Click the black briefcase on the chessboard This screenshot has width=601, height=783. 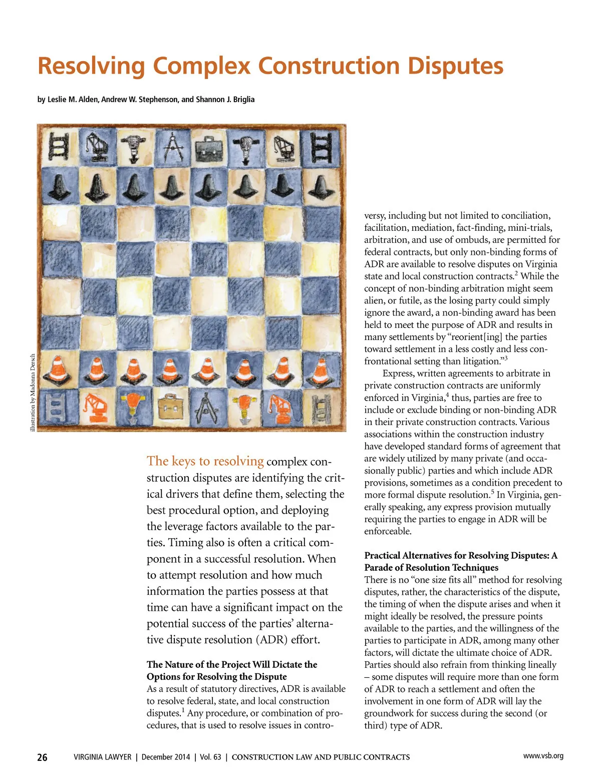click(208, 148)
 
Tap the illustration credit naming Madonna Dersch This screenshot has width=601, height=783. click(33, 393)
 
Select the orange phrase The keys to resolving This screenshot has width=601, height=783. click(205, 461)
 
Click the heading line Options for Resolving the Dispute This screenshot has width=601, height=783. click(216, 677)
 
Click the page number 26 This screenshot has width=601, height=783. click(43, 757)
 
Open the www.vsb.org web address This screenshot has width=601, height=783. click(543, 756)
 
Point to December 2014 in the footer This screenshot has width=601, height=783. click(165, 757)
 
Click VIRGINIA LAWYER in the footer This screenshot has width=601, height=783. click(102, 757)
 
